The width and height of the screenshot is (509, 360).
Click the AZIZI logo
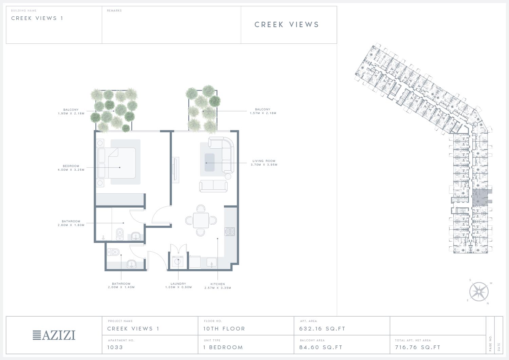point(54,335)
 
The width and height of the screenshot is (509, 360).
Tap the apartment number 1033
point(115,347)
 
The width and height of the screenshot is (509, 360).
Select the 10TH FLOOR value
point(224,329)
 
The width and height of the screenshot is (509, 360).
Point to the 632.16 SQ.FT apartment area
point(322,329)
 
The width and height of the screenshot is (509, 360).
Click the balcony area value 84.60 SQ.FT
point(321,347)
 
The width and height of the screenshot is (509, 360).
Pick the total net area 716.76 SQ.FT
point(418,347)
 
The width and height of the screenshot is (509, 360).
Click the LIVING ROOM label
point(264,161)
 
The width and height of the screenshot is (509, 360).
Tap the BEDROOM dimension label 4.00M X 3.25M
point(71,170)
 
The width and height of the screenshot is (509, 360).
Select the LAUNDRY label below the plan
point(178,284)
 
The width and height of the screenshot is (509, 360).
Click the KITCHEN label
point(218,284)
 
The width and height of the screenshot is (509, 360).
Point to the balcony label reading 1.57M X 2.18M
point(263,113)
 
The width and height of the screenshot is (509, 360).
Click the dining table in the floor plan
point(201,220)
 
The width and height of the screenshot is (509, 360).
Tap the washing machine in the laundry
point(178,262)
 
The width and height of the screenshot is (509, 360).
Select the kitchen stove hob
point(230,232)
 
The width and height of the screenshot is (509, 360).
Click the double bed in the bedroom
point(117,163)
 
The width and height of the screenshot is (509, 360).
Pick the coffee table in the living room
point(209,163)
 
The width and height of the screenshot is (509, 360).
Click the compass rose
point(479,292)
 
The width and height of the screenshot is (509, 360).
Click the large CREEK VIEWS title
point(286,24)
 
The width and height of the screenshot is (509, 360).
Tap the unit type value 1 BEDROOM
point(223,347)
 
